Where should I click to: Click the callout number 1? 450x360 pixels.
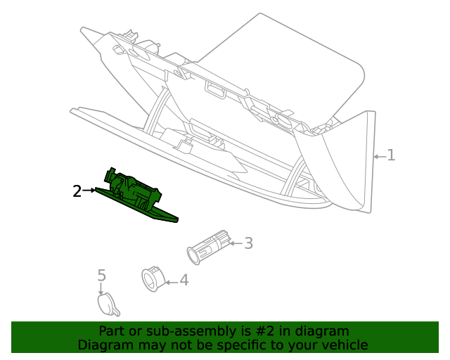point(391,155)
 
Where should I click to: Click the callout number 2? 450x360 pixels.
point(77,190)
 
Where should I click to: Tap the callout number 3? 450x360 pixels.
point(247,243)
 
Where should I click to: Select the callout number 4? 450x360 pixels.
point(184,281)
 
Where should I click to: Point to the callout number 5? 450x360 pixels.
point(101,275)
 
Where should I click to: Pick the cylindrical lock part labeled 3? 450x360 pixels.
point(207,246)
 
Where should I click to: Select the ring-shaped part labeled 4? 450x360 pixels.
point(152,278)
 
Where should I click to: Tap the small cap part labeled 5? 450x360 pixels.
point(106,303)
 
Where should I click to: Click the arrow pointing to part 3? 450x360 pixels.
point(236,244)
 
